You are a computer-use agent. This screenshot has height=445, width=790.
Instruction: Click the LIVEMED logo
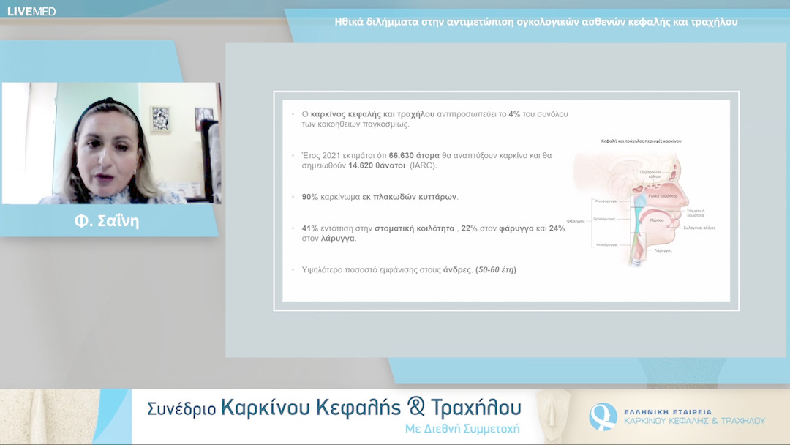[x=31, y=11]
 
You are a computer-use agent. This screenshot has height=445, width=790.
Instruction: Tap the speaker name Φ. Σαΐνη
[x=107, y=221]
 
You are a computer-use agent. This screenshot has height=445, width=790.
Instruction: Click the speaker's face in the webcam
[x=110, y=154]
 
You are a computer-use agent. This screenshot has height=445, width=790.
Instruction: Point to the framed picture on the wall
[x=160, y=118]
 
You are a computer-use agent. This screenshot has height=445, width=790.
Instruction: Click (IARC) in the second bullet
[x=423, y=166]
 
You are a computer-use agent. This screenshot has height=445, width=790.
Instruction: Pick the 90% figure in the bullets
[x=309, y=197]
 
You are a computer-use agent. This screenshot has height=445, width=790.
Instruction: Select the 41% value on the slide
[x=309, y=228]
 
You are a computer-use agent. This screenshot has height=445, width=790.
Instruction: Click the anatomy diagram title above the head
[x=642, y=140]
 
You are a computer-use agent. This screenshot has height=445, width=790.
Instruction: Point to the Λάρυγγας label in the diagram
[x=663, y=250]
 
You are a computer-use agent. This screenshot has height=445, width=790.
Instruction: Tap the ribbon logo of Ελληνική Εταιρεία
[x=603, y=416]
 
